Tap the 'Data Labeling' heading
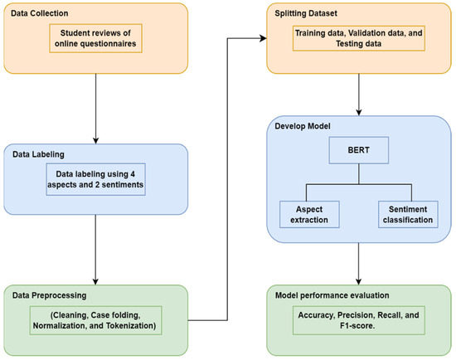click(38, 153)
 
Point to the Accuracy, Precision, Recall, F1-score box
click(358, 320)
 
